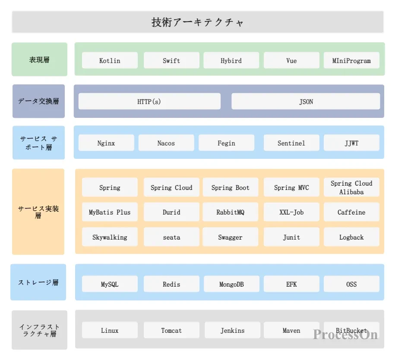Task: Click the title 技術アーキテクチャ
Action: (197, 22)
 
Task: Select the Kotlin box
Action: (110, 60)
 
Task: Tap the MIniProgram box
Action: (351, 60)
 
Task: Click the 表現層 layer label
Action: (39, 60)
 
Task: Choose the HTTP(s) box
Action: (149, 101)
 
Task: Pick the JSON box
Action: (306, 101)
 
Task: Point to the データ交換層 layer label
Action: (38, 101)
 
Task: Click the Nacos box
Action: (166, 143)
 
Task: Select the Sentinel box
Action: (291, 143)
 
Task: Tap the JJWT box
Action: (351, 143)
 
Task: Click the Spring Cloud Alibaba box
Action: (351, 187)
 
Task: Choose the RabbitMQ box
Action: (231, 212)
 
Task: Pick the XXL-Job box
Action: (291, 212)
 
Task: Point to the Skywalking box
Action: (110, 237)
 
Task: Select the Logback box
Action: (351, 237)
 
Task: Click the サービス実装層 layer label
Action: (38, 212)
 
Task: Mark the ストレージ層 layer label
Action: (38, 282)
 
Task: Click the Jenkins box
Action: (232, 330)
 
